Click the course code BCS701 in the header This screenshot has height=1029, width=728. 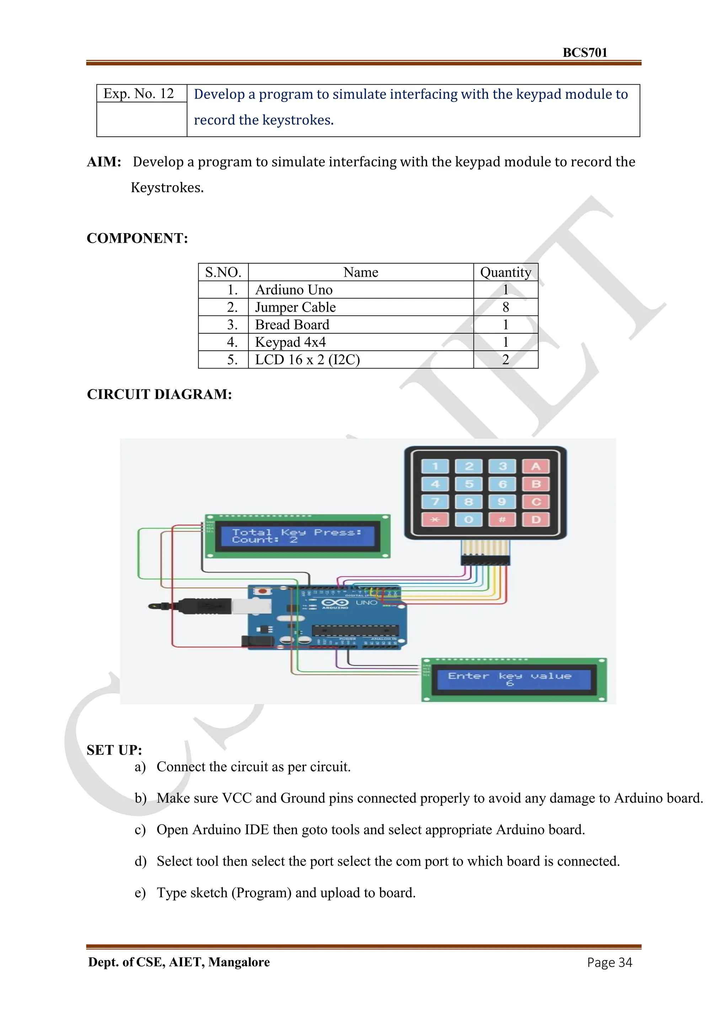tap(584, 53)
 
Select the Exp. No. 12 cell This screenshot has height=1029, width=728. tap(139, 94)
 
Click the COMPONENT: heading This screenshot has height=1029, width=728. tap(137, 238)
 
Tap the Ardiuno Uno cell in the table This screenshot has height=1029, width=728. tap(294, 290)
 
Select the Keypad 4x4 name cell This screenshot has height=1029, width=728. tap(290, 343)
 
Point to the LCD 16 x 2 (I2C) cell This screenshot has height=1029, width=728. tap(307, 360)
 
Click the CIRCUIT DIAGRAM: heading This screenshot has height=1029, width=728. tap(159, 394)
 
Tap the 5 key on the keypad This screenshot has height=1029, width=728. tap(469, 484)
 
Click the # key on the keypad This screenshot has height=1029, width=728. tap(502, 519)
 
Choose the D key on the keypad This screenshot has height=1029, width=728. tap(536, 519)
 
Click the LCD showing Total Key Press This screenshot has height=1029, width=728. tap(297, 536)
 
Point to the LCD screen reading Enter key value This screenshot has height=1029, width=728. tap(514, 679)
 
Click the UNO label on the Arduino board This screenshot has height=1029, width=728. tap(366, 603)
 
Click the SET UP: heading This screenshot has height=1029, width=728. tap(114, 750)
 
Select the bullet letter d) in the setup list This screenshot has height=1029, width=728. tap(140, 861)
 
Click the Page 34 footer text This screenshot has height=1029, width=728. tap(609, 963)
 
